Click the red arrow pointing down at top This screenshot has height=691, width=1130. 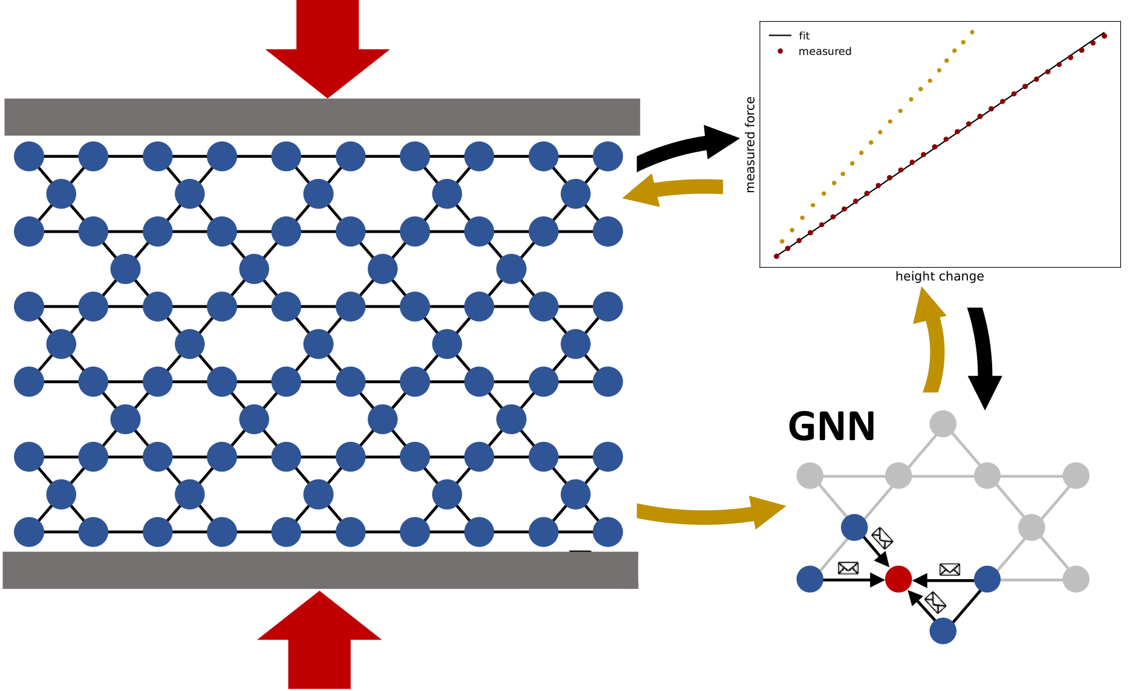[327, 48]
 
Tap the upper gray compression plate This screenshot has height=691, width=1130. [322, 117]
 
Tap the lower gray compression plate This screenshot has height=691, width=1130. [320, 570]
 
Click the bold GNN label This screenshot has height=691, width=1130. [831, 427]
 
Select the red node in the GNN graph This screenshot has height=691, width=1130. [898, 579]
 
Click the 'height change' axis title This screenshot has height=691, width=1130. [939, 276]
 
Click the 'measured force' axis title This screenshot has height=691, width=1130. [750, 144]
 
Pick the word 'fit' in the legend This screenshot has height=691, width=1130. [804, 36]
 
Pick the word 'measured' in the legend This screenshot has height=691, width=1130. [825, 51]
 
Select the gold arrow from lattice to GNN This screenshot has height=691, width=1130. [707, 513]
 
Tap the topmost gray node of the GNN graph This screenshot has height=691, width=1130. [943, 423]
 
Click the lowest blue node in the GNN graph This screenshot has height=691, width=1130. [943, 631]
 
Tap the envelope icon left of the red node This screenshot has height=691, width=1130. [848, 568]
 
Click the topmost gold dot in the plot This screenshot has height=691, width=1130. [972, 32]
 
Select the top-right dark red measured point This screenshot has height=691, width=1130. [1104, 36]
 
